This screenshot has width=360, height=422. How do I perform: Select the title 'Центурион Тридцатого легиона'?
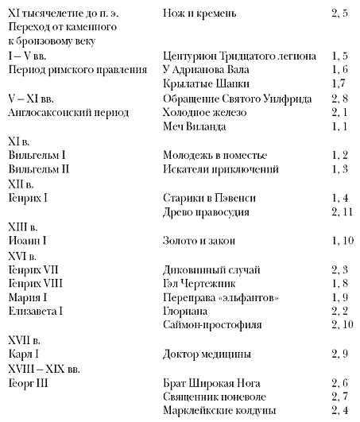pos(238,56)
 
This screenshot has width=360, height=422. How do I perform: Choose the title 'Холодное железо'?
pos(205,112)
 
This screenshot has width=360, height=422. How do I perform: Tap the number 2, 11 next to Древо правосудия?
pos(335,211)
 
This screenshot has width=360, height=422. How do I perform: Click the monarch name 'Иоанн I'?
pos(32,239)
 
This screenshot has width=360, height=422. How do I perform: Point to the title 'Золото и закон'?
pos(199,239)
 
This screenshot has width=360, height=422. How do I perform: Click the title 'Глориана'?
pos(185,310)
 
